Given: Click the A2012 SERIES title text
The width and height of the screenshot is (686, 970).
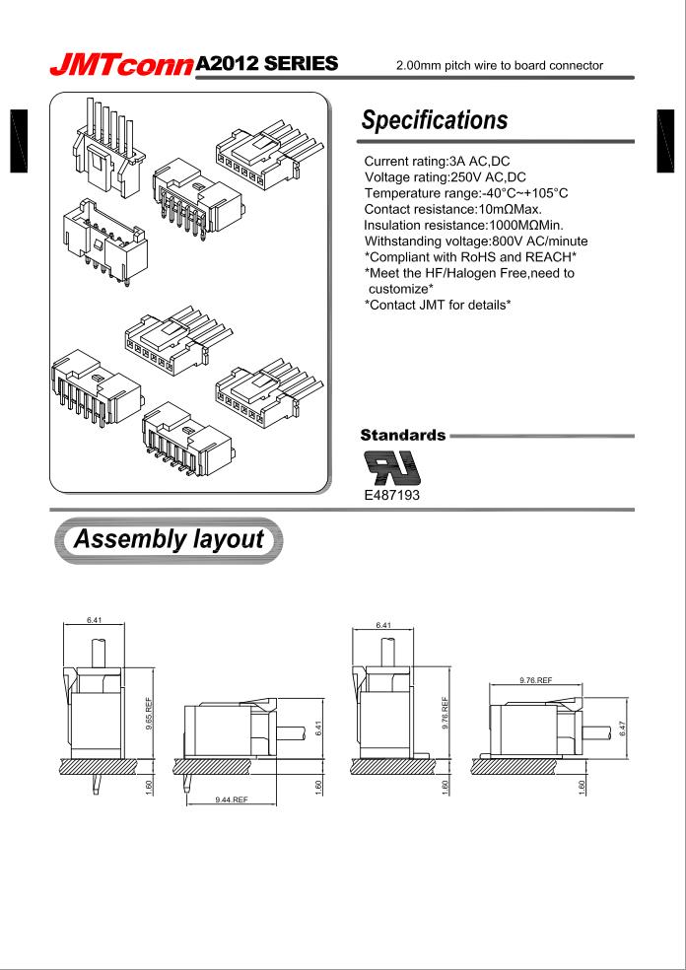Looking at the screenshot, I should tap(267, 65).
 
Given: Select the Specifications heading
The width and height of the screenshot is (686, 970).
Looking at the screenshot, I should tap(435, 120).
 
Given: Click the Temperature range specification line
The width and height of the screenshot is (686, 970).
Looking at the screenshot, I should tap(466, 193).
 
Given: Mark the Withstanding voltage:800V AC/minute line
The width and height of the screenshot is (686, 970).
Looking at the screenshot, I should tap(476, 241).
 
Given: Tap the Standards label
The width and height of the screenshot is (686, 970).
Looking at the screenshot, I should tap(403, 434).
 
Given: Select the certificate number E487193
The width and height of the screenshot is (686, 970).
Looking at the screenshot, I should tap(392, 495).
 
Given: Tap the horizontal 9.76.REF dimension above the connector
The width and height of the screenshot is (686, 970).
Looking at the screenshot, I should tap(535, 680).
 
